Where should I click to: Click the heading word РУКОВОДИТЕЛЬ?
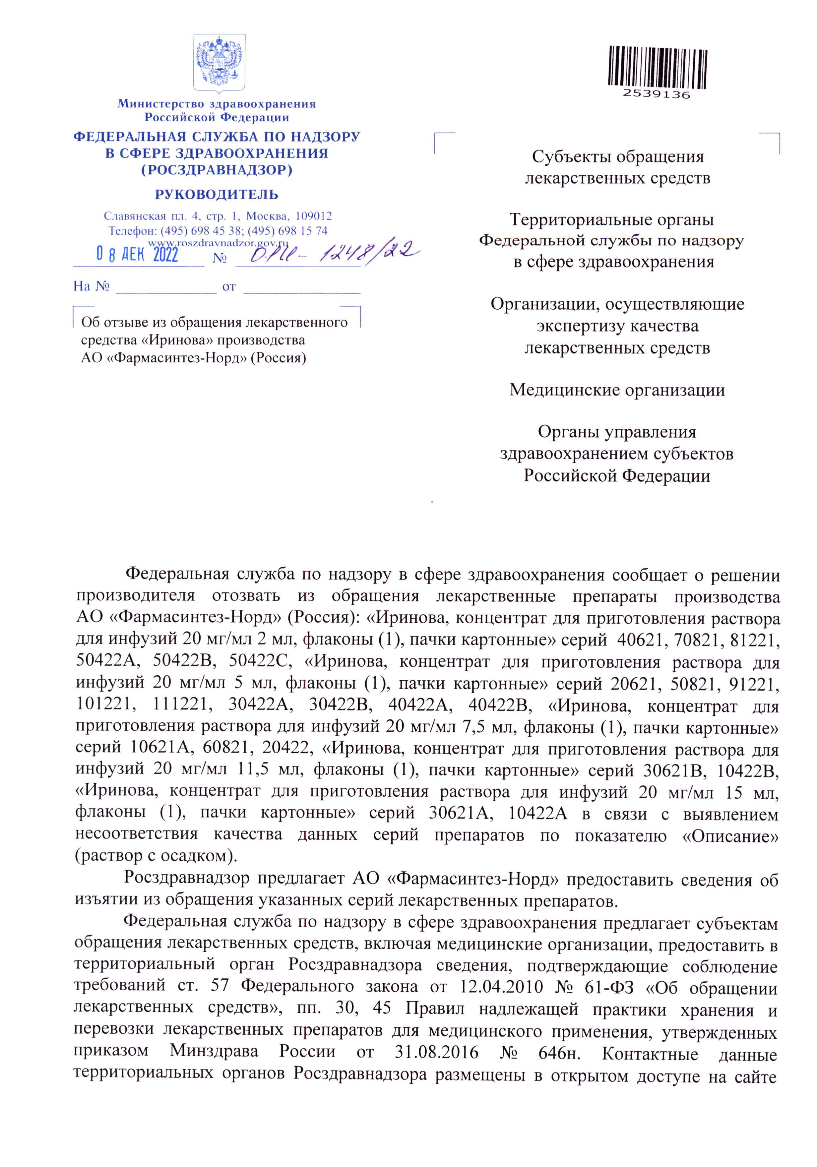tap(217, 194)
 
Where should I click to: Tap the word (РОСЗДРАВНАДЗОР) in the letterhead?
tap(217, 169)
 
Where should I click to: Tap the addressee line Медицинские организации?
tap(617, 390)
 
